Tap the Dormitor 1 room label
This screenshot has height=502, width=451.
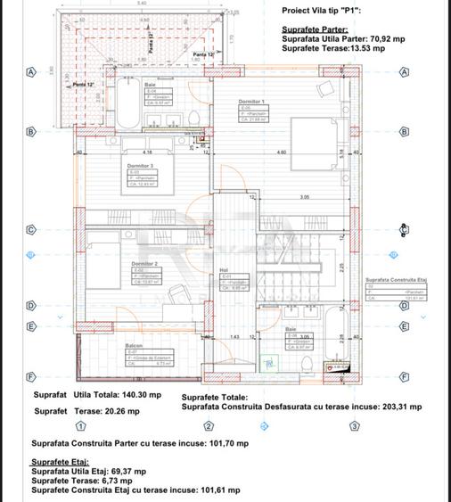click(x=252, y=103)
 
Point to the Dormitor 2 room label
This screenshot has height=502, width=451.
click(x=144, y=264)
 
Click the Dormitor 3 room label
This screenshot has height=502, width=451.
click(x=141, y=166)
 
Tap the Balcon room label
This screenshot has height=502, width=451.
click(x=134, y=346)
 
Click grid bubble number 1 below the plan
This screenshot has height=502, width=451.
click(x=81, y=426)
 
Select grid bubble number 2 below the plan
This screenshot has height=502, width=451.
click(x=209, y=426)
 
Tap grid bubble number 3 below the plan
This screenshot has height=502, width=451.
click(x=354, y=426)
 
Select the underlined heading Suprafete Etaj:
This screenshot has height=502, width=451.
click(x=61, y=462)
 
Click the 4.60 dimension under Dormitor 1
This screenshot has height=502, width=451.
click(x=282, y=152)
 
